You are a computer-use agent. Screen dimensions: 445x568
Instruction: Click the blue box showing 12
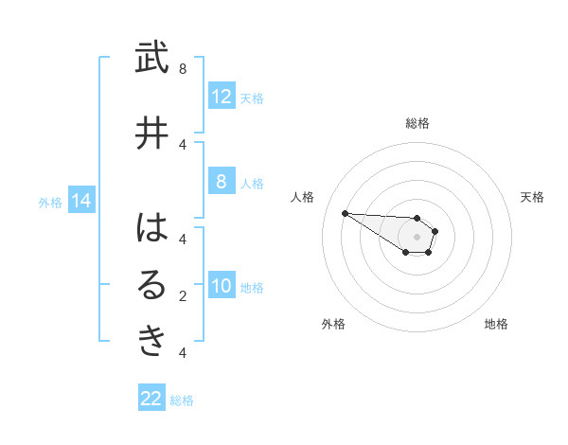click(x=222, y=97)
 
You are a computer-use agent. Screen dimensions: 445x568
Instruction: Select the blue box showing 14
click(x=80, y=201)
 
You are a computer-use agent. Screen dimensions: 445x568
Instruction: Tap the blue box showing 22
click(x=151, y=399)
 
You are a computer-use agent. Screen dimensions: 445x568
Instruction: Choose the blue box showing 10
click(x=222, y=286)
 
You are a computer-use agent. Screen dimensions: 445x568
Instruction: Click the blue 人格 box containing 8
click(x=222, y=183)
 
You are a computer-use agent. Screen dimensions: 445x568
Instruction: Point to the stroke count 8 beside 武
click(x=183, y=68)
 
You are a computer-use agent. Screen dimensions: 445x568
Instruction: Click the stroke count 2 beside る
click(x=183, y=296)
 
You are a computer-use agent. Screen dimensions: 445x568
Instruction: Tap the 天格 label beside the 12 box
click(x=252, y=98)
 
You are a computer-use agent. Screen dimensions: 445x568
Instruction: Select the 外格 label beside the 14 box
click(x=50, y=202)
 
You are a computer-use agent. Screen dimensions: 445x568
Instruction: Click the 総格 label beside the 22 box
click(x=182, y=400)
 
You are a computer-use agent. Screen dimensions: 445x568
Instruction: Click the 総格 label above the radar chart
click(x=417, y=123)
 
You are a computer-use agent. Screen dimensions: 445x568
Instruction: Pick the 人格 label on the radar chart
click(x=302, y=197)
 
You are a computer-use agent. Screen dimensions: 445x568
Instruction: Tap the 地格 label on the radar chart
click(x=496, y=324)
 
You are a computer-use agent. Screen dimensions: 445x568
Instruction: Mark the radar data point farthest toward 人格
click(x=345, y=213)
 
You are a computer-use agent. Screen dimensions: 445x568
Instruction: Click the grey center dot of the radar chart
click(x=417, y=237)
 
